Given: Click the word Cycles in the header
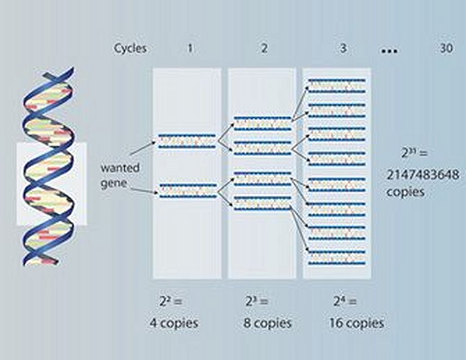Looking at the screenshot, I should click(x=130, y=48).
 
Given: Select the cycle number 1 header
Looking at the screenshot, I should click(x=190, y=48).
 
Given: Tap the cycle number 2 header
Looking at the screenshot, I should click(x=264, y=48).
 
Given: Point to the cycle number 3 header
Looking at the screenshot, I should click(x=343, y=48).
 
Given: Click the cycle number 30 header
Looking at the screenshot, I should click(x=446, y=48).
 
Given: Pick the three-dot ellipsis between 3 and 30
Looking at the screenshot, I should click(x=389, y=51).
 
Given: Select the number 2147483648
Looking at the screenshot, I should click(x=423, y=175).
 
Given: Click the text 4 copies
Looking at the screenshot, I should click(x=173, y=323).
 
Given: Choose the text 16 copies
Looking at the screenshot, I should click(x=356, y=323).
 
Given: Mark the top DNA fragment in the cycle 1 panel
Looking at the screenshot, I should click(x=187, y=141).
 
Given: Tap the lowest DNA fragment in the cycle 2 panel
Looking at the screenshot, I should click(x=262, y=203).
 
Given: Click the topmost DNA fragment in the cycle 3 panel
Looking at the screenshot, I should click(x=337, y=85).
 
